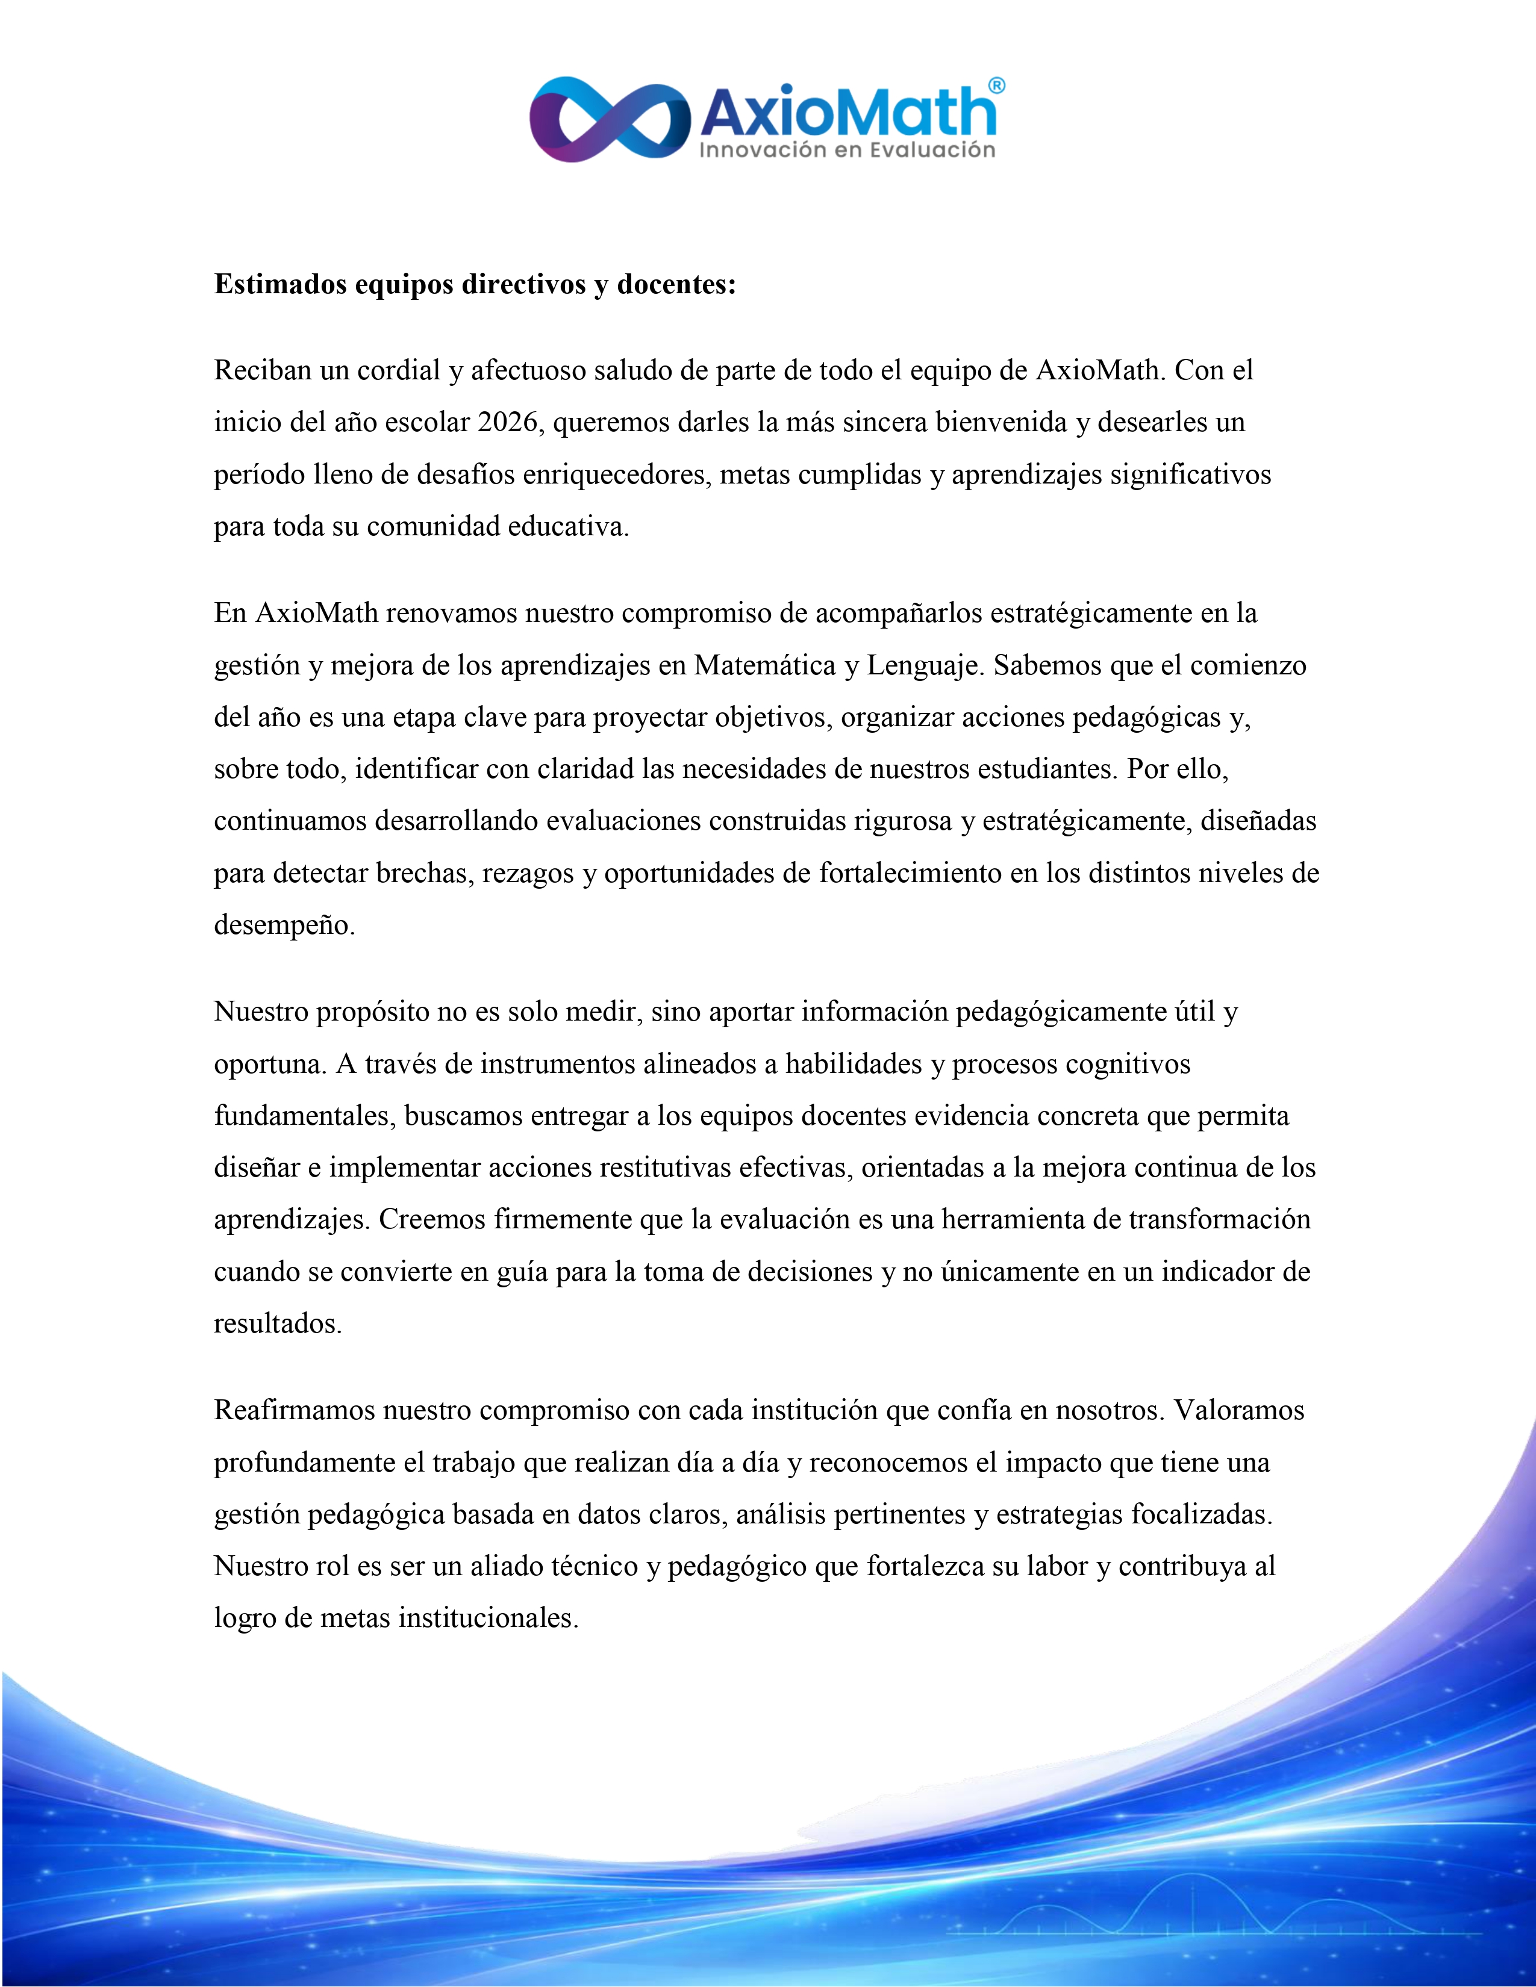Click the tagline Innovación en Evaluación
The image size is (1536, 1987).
click(x=846, y=150)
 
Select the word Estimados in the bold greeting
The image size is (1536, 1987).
click(x=280, y=285)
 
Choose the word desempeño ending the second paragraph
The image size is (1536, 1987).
click(x=284, y=925)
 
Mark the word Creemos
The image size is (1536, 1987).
click(x=431, y=1219)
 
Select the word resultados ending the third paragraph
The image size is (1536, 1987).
click(x=278, y=1323)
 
